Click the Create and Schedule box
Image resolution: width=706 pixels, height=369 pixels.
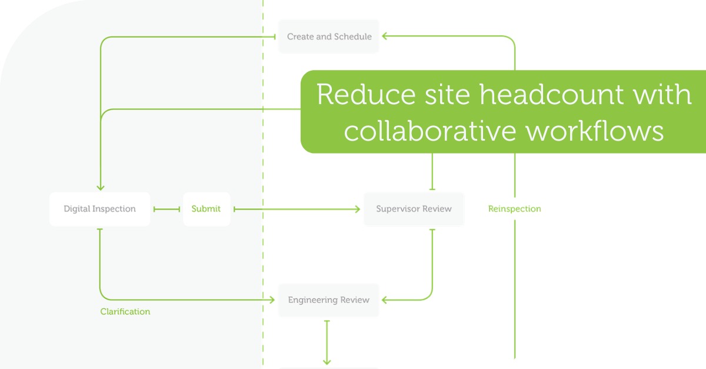click(x=329, y=36)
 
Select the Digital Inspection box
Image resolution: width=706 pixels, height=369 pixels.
click(x=99, y=209)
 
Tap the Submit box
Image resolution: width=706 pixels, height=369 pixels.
click(x=206, y=209)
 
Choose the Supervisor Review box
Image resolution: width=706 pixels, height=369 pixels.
click(x=414, y=209)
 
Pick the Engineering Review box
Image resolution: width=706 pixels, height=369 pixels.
click(x=329, y=300)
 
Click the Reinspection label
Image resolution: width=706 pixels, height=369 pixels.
click(x=514, y=209)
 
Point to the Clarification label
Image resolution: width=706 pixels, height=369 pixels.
click(x=125, y=311)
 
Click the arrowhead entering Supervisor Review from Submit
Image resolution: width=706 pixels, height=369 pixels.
click(x=357, y=209)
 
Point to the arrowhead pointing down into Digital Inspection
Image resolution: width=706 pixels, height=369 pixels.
click(x=100, y=187)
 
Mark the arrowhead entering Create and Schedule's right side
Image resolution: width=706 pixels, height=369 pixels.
click(x=385, y=36)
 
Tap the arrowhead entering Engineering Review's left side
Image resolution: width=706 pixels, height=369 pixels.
click(x=272, y=300)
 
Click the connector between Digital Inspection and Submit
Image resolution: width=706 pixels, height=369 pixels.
click(x=166, y=209)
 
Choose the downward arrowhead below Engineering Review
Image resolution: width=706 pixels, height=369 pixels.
click(x=327, y=361)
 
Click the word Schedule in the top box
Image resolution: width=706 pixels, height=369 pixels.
click(x=353, y=36)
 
